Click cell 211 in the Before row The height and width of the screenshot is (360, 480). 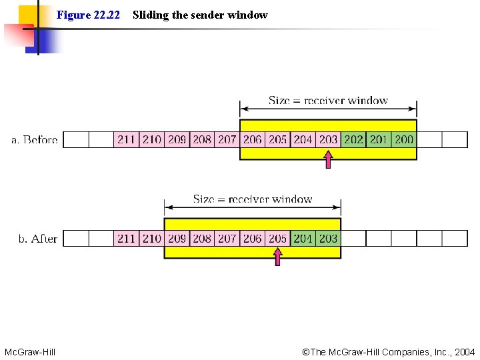click(x=126, y=139)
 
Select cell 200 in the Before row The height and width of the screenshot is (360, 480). click(x=404, y=139)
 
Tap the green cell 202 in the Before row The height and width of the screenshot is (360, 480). click(x=353, y=139)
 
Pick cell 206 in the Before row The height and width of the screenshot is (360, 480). click(x=252, y=139)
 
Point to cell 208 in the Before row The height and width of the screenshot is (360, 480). click(x=201, y=139)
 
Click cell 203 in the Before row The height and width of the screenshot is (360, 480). click(x=328, y=139)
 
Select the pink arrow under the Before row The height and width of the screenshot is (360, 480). click(x=328, y=160)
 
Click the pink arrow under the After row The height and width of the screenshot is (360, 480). click(x=277, y=257)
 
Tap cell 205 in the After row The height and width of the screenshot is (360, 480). click(x=277, y=238)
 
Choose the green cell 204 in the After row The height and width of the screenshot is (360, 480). click(x=303, y=238)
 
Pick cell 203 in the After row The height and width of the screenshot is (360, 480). click(x=328, y=238)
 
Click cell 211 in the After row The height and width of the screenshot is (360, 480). click(x=126, y=238)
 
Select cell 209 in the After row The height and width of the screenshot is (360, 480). click(x=177, y=238)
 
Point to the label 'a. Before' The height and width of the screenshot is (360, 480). click(x=35, y=140)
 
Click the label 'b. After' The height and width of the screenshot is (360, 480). click(x=38, y=239)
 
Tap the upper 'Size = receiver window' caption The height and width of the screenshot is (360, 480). click(x=328, y=101)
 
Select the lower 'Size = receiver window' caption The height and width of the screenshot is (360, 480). click(x=253, y=199)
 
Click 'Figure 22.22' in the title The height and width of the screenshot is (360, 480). click(x=88, y=15)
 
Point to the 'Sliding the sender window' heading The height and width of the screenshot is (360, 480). click(x=200, y=15)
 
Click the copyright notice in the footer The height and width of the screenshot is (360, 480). click(x=388, y=351)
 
